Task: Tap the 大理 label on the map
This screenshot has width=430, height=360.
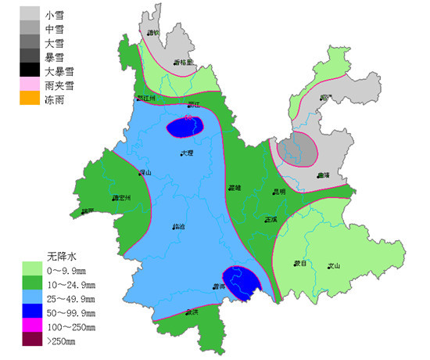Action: [186, 153]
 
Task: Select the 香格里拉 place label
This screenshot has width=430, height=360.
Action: [184, 62]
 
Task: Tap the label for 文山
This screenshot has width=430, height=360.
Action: [334, 265]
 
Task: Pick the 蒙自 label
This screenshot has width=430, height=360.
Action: [301, 264]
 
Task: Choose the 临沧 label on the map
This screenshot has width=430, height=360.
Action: [179, 227]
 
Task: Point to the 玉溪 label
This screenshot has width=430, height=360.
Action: [271, 219]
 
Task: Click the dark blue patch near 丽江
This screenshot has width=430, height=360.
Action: [185, 126]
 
